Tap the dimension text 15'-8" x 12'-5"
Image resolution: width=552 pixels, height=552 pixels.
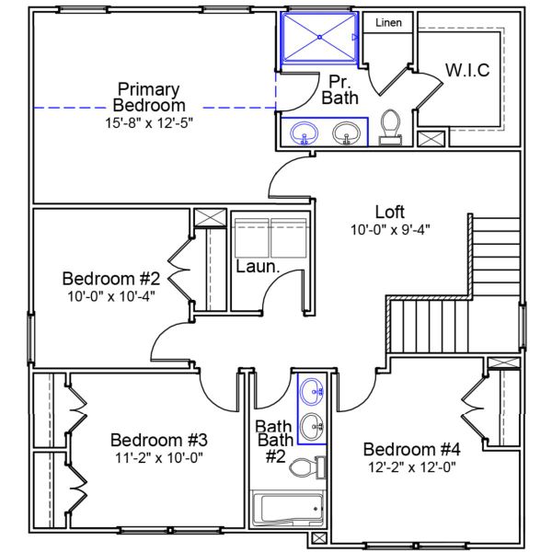click(x=148, y=121)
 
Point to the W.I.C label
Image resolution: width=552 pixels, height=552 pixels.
click(x=467, y=70)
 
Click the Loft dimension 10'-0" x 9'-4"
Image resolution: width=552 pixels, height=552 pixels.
click(x=389, y=229)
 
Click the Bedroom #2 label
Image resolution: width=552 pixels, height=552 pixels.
click(x=111, y=278)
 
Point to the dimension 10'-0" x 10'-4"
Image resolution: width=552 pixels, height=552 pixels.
click(x=111, y=296)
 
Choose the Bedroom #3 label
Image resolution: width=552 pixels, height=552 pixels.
click(x=158, y=439)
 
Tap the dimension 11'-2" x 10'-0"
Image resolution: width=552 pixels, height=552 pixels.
click(x=158, y=457)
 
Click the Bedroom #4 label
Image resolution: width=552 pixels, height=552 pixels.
click(x=410, y=449)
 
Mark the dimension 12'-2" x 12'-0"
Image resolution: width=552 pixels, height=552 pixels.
click(x=410, y=467)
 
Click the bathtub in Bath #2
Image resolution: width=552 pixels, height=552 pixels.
click(x=288, y=507)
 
